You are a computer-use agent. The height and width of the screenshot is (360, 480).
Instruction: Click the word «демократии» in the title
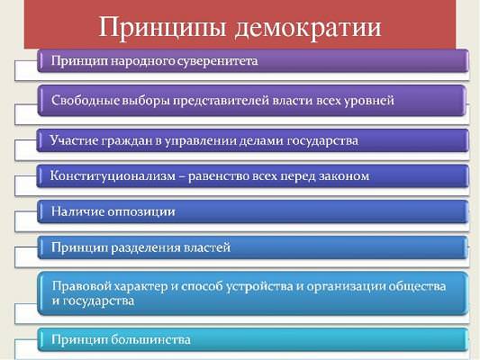pyautogui.click(x=308, y=28)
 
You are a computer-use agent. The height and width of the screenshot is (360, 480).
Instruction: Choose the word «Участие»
pyautogui.click(x=73, y=140)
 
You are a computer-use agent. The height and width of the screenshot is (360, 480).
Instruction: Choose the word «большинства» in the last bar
pyautogui.click(x=150, y=339)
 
